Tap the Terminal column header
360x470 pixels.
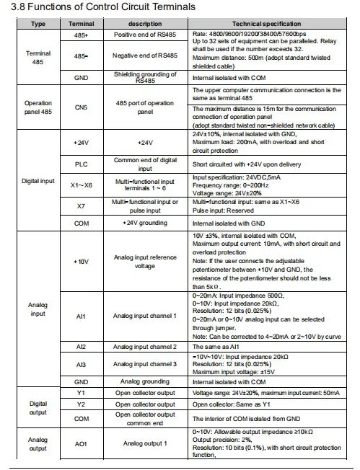(80, 24)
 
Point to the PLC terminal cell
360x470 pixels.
(80, 164)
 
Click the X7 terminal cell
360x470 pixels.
(80, 208)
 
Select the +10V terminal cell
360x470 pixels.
(80, 260)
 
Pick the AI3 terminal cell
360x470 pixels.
(80, 365)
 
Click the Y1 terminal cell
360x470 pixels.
(80, 394)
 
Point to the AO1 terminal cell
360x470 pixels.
(80, 443)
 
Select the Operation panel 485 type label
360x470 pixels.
(38, 108)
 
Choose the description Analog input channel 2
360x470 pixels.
(144, 347)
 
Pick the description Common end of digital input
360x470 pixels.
(144, 164)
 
